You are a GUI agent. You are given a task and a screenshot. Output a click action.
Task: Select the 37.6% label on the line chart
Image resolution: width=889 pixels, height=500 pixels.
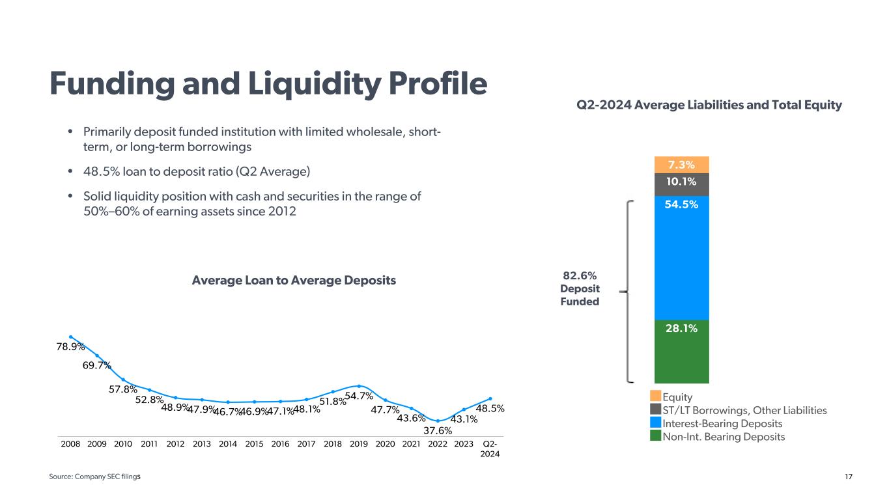(x=438, y=430)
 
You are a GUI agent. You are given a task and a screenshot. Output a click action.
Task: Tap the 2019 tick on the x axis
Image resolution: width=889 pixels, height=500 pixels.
(x=359, y=445)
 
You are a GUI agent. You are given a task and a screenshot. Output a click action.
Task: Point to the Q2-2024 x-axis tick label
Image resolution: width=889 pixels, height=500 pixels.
(x=490, y=449)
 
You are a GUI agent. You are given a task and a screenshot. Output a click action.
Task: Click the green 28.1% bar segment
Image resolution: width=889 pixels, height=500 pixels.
(x=681, y=352)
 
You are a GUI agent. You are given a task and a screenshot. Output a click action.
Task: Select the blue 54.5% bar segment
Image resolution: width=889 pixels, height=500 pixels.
(x=681, y=258)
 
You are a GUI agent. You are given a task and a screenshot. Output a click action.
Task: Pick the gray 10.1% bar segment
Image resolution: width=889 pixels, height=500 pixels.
(x=681, y=184)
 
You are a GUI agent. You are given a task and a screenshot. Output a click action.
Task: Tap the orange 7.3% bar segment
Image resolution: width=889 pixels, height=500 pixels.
(x=681, y=164)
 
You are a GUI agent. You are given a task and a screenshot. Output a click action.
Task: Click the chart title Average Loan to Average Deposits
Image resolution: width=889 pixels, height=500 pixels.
(x=294, y=281)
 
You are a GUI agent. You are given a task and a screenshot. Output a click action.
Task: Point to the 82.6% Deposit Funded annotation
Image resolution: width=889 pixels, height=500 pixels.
(x=580, y=289)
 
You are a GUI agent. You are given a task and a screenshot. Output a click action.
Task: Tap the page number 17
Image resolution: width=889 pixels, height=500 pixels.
(x=849, y=478)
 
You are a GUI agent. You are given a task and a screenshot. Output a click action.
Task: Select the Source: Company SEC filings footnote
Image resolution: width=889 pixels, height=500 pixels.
(x=95, y=478)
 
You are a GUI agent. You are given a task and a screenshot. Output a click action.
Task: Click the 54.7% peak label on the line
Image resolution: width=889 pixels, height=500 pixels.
(x=359, y=395)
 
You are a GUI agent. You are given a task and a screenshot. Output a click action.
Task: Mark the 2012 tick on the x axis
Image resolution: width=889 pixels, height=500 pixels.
(x=175, y=445)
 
